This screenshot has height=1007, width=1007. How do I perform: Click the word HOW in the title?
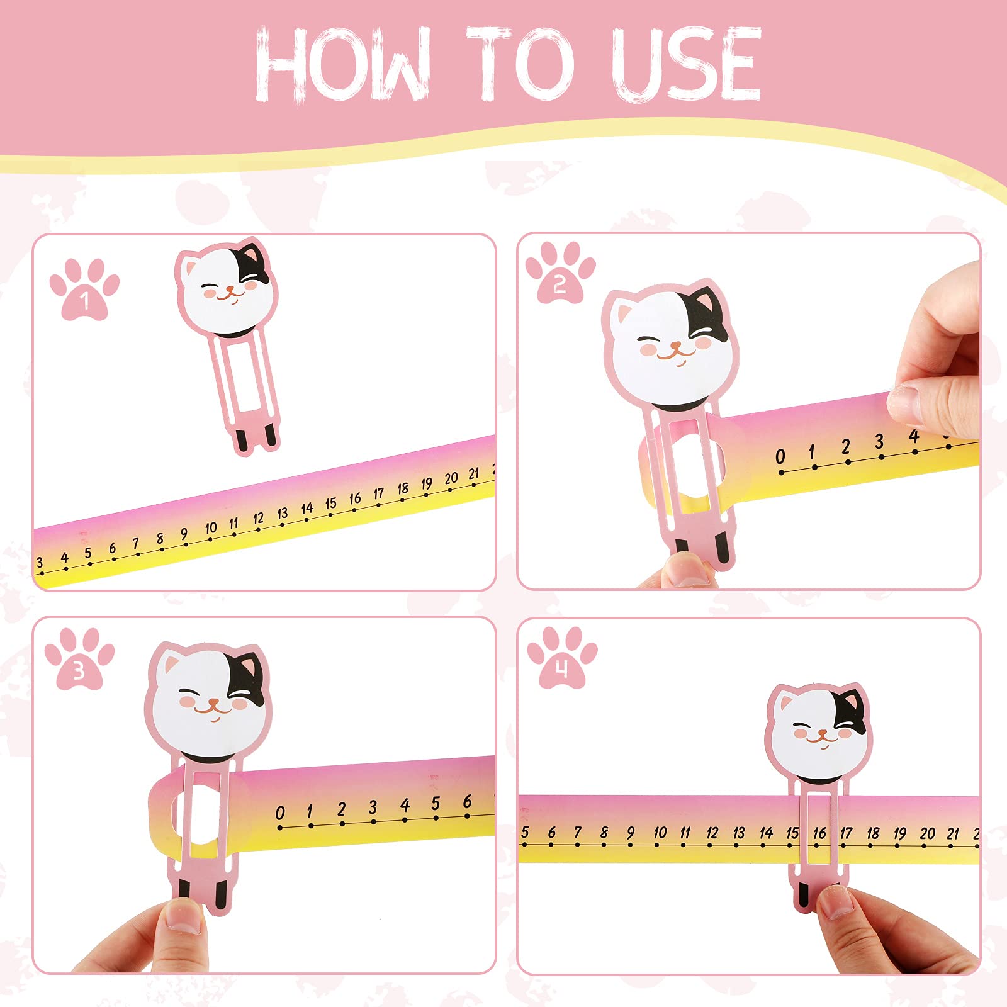(x=343, y=65)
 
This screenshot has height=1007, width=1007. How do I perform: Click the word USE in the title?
(x=686, y=65)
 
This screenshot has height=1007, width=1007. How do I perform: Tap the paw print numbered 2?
(x=560, y=274)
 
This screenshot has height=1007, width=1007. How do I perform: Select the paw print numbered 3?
(x=79, y=660)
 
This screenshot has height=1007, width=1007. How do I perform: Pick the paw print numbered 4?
(x=562, y=658)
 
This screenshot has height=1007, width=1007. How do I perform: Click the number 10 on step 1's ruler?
(x=211, y=527)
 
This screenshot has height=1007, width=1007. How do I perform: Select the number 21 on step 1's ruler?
(x=474, y=473)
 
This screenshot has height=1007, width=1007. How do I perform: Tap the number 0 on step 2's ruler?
(x=780, y=456)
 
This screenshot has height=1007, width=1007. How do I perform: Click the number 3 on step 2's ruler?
(x=879, y=442)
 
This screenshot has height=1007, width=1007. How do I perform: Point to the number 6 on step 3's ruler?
(x=467, y=801)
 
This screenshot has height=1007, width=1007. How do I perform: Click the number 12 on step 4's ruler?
(x=712, y=833)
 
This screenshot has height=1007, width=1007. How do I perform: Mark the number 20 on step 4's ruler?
(x=927, y=833)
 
